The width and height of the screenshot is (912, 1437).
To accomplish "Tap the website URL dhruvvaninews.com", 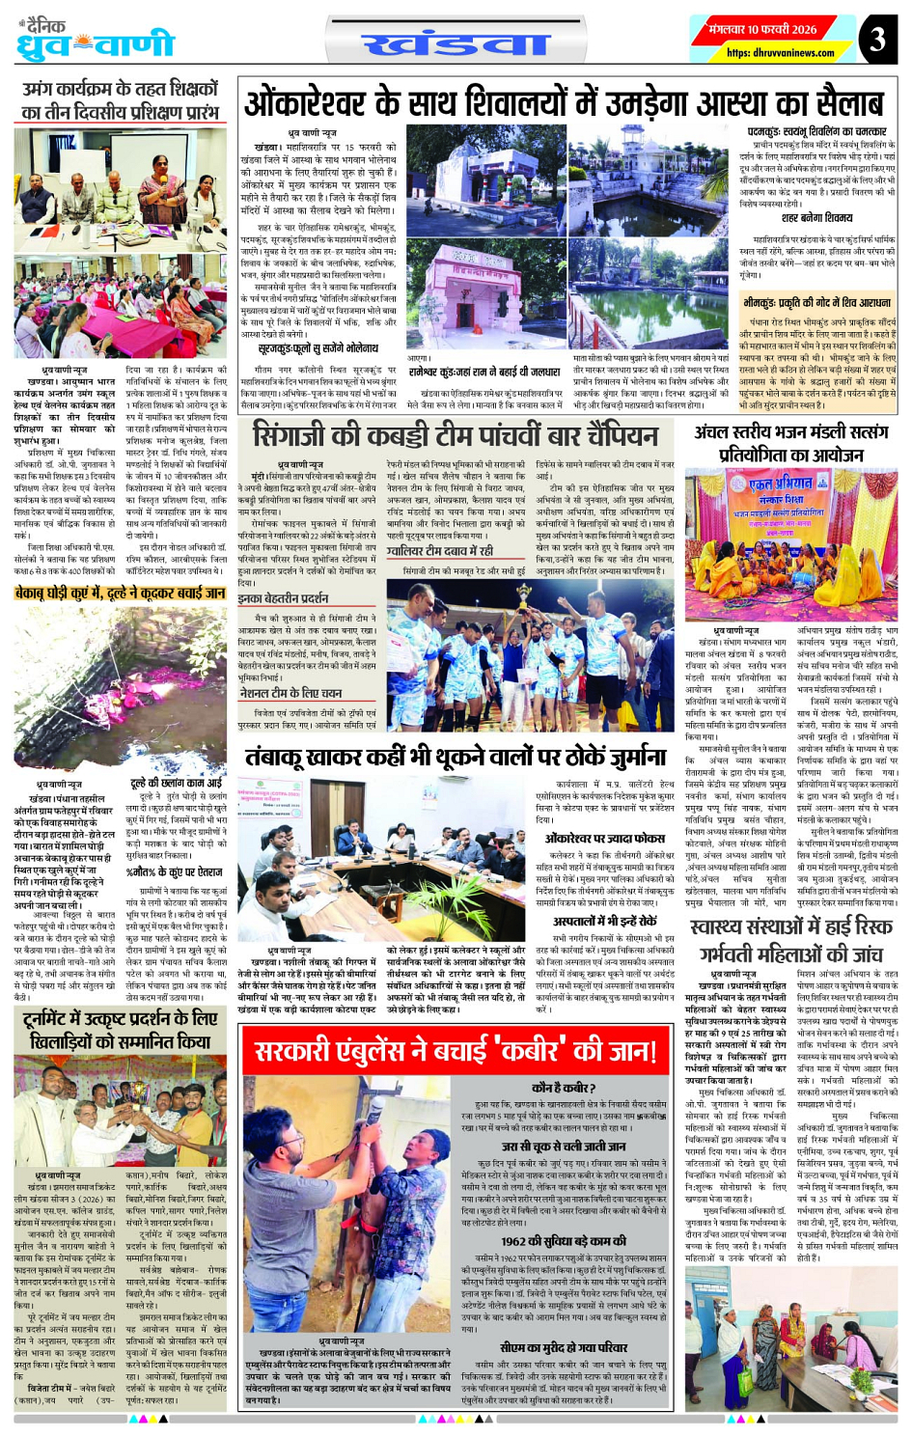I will pos(766,53).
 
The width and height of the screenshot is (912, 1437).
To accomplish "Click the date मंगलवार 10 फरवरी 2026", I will pos(761,29).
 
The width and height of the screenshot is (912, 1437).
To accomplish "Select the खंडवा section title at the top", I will pos(456,43).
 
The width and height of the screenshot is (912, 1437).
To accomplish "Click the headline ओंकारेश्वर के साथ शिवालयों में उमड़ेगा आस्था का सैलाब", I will pos(564,101).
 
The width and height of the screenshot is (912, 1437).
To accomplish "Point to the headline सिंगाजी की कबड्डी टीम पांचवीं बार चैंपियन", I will pos(455,435).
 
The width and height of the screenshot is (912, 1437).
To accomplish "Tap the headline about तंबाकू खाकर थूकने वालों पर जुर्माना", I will pos(455,757).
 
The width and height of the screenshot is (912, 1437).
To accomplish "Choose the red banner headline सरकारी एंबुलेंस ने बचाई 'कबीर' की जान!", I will pos(455,1050).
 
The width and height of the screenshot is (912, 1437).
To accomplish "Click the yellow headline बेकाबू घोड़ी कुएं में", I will pos(120,593).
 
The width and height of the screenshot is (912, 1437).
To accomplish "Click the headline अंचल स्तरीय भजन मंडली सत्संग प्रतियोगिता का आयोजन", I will pos(790,443).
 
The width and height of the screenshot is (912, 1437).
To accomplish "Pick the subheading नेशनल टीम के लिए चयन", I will pos(290,693).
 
